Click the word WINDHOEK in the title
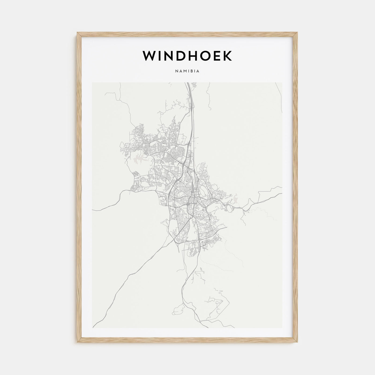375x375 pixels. coord(187,56)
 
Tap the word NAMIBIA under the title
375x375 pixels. coord(187,71)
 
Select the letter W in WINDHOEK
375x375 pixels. coord(149,56)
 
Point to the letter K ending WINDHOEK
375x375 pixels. coord(227,56)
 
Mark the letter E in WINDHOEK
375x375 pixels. coord(215,56)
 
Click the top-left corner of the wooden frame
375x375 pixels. coord(77,33)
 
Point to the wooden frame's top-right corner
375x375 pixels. coord(297,33)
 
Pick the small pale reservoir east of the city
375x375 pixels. coord(236,198)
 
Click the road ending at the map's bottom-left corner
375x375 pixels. coord(93,327)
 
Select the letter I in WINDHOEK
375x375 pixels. coord(159,56)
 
